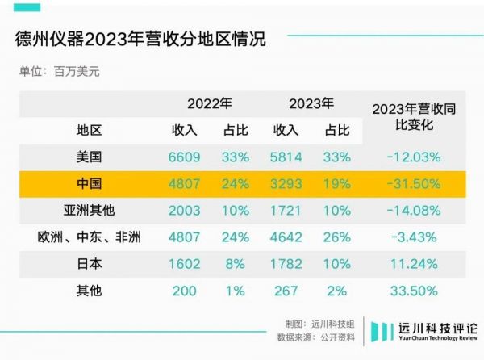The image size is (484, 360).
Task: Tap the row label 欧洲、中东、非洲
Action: click(90, 237)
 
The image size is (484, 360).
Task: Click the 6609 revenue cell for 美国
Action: click(184, 157)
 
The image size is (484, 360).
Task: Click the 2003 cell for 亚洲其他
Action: click(184, 210)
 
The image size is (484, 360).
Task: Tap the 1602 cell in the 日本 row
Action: click(184, 263)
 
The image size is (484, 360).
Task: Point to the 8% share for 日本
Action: click(235, 263)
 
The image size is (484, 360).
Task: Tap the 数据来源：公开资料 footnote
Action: click(310, 337)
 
